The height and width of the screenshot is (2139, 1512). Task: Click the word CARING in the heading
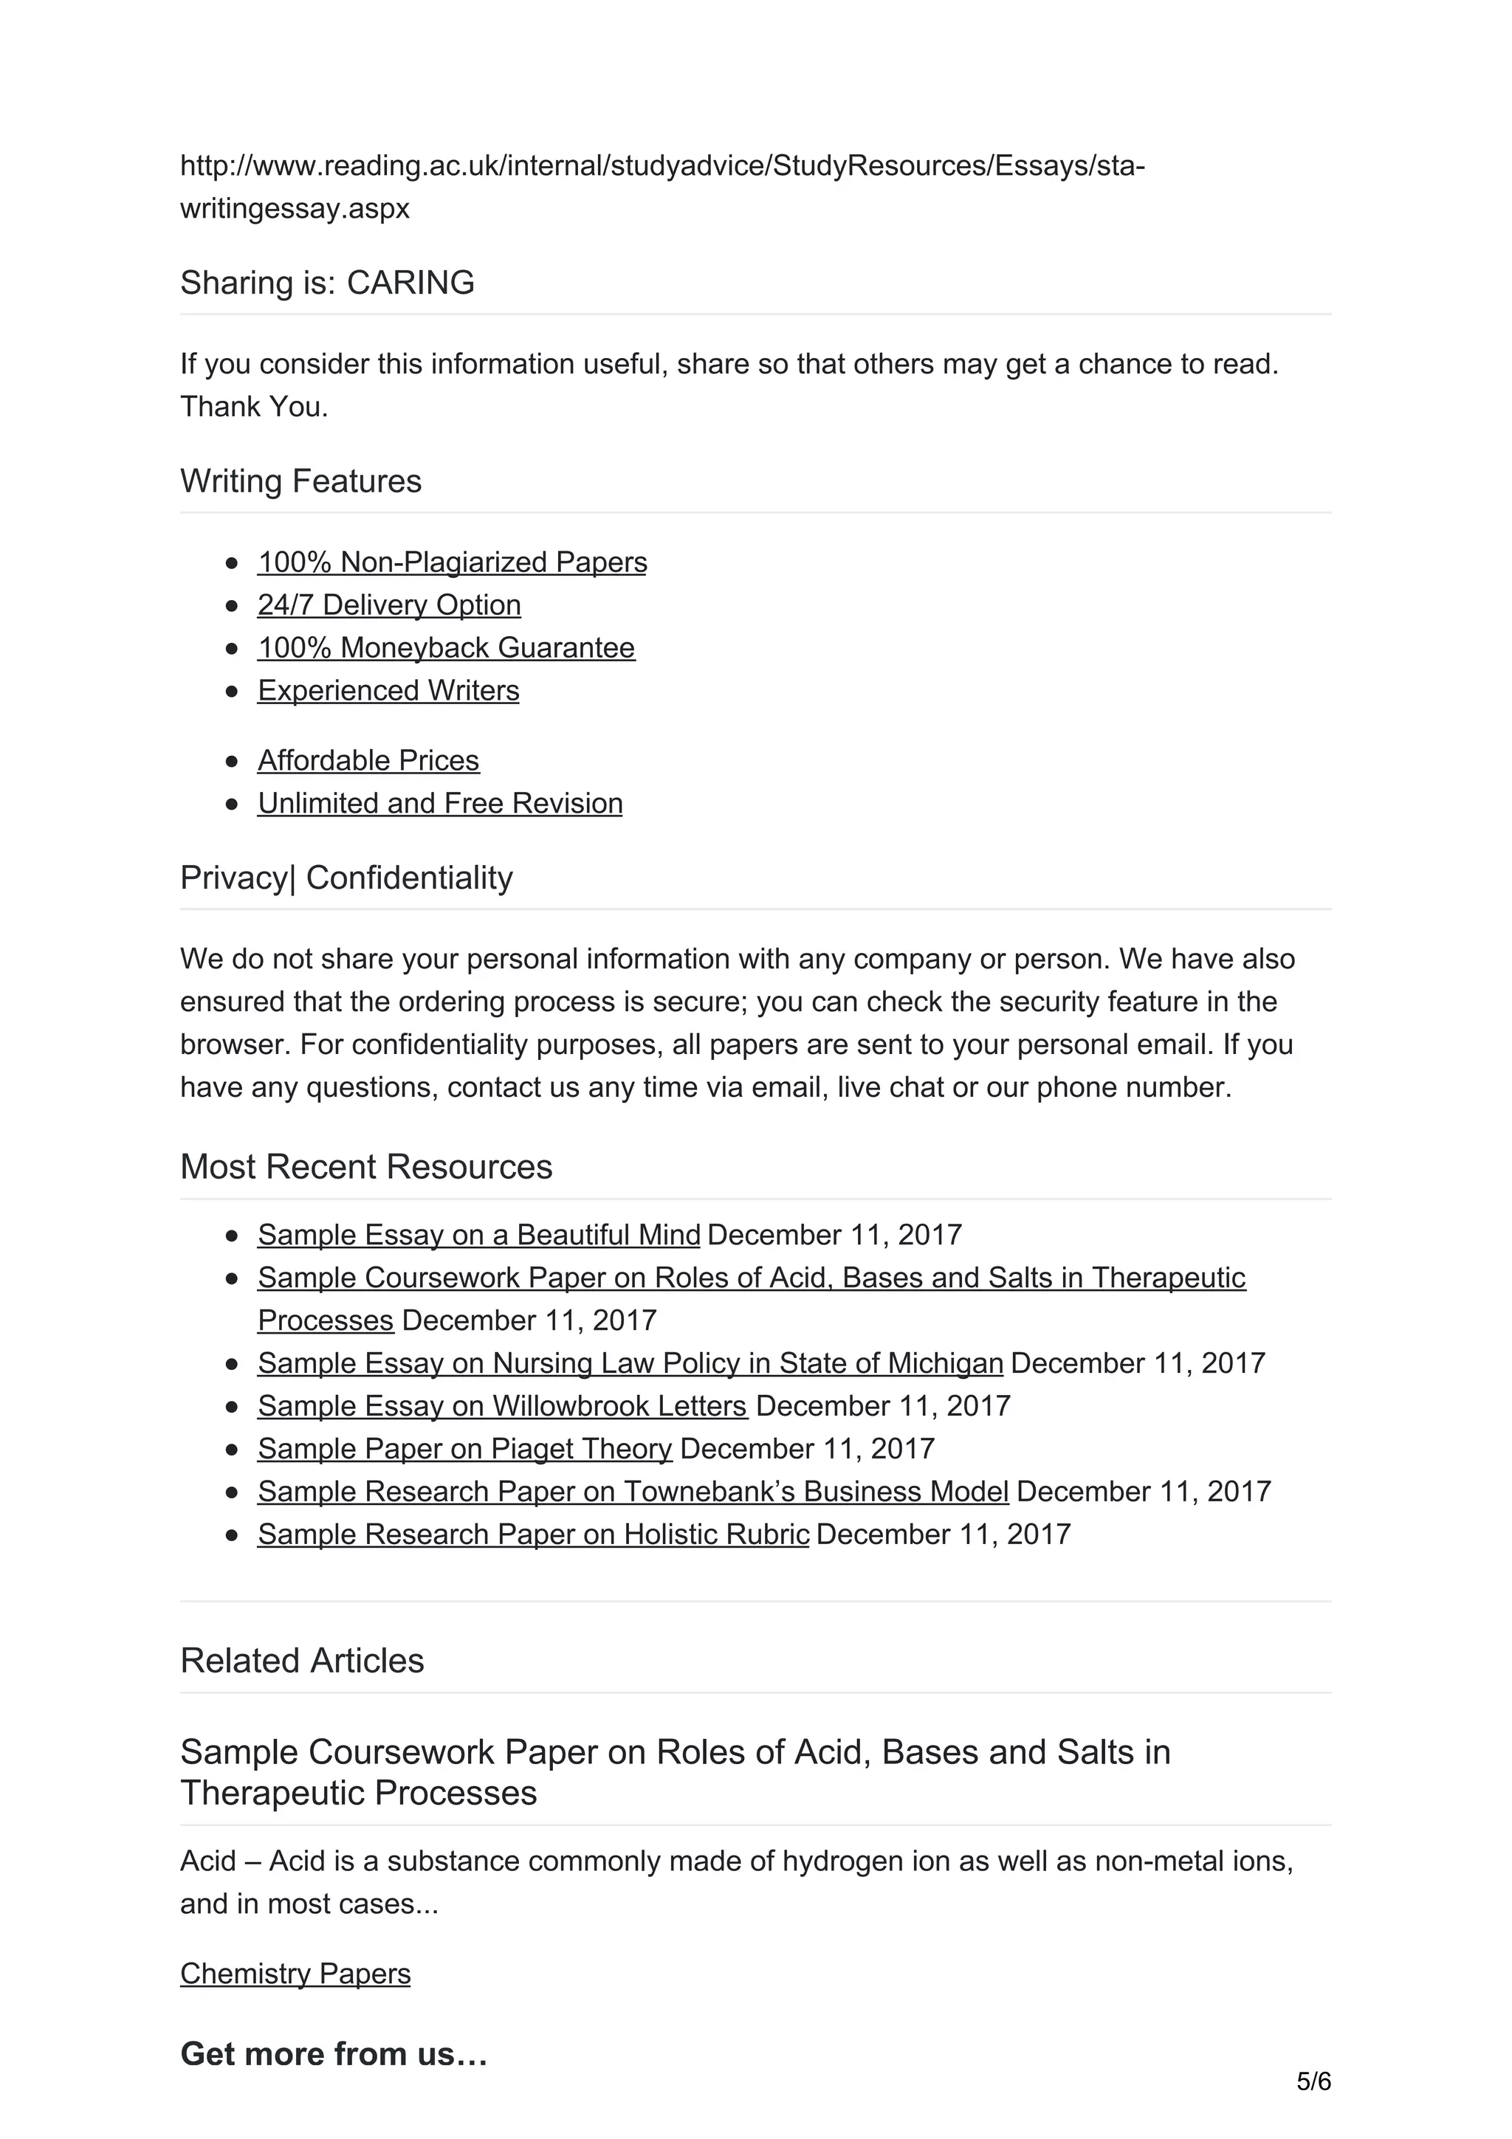point(410,282)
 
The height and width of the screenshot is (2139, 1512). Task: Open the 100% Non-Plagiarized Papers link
point(452,562)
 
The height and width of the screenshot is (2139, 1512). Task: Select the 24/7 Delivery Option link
point(388,604)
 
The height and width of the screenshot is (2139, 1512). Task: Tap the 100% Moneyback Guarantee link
point(446,647)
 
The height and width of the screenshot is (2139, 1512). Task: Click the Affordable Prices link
point(368,760)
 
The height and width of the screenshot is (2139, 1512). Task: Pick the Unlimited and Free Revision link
point(440,803)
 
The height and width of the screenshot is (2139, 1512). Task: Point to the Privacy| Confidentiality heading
point(346,878)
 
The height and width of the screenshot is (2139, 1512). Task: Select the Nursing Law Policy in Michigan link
point(630,1363)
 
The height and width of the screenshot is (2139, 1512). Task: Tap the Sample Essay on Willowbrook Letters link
point(502,1406)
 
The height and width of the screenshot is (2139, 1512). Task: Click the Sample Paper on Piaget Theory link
point(464,1449)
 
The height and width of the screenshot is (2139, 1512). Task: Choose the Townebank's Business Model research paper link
point(633,1492)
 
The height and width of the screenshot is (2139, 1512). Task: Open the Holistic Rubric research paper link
point(533,1534)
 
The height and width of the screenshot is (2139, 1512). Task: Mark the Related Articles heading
point(302,1660)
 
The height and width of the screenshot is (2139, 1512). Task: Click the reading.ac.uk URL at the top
point(661,166)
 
